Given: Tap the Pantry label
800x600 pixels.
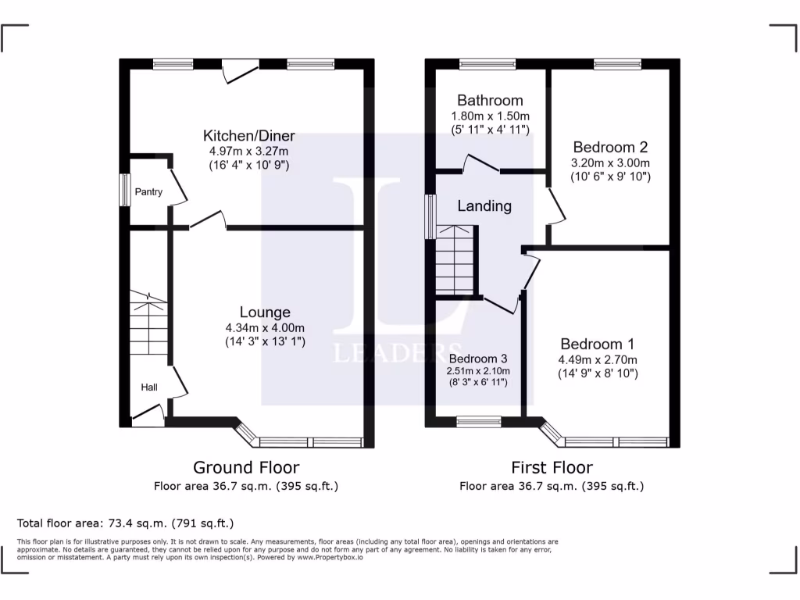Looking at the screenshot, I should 148,191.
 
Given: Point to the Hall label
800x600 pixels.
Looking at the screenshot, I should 149,387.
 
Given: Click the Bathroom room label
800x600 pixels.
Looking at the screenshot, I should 490,100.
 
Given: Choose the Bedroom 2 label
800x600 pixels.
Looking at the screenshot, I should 610,147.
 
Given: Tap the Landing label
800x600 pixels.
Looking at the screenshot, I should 484,206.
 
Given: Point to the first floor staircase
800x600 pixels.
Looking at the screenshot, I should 455,261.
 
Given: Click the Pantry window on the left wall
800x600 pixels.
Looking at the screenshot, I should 123,190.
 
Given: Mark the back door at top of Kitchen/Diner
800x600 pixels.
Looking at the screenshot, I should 239,72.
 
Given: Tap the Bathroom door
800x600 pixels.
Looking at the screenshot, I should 482,164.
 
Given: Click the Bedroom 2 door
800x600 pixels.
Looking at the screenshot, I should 555,205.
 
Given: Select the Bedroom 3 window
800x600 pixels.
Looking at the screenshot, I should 479,422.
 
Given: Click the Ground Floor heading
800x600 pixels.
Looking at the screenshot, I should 246,467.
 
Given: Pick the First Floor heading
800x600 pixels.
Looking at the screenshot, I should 552,467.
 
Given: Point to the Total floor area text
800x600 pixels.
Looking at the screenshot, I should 125,523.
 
